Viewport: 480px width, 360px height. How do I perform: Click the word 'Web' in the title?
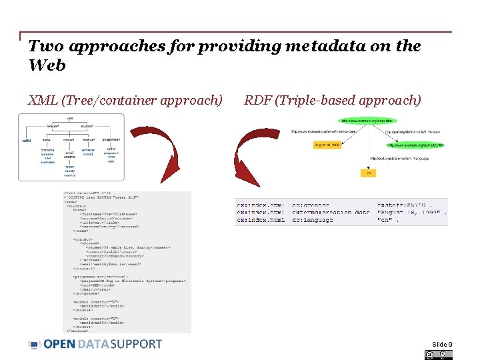pos(47,65)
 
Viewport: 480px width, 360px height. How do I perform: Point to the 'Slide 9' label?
pos(441,344)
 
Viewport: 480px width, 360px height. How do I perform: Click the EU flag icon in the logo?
pos(35,344)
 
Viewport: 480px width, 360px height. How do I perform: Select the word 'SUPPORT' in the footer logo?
pos(136,344)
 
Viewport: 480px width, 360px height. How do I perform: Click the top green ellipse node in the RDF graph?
pos(367,121)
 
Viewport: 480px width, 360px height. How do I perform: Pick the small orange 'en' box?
pos(368,173)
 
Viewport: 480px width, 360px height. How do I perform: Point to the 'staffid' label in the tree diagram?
pos(27,141)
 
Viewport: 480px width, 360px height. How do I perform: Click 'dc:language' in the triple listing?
pos(312,219)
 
